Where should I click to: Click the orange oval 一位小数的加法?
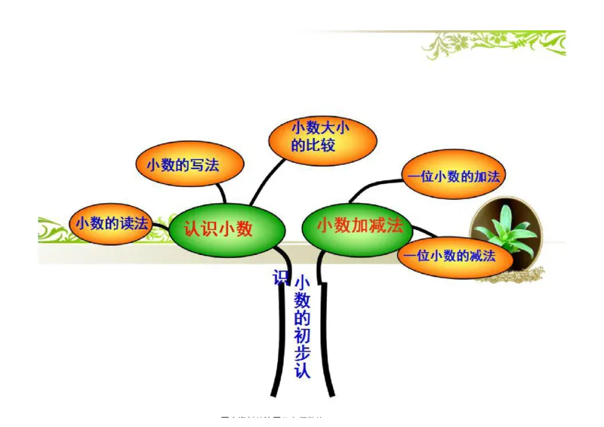pos(452,177)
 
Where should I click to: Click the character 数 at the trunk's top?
pos(302,300)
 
